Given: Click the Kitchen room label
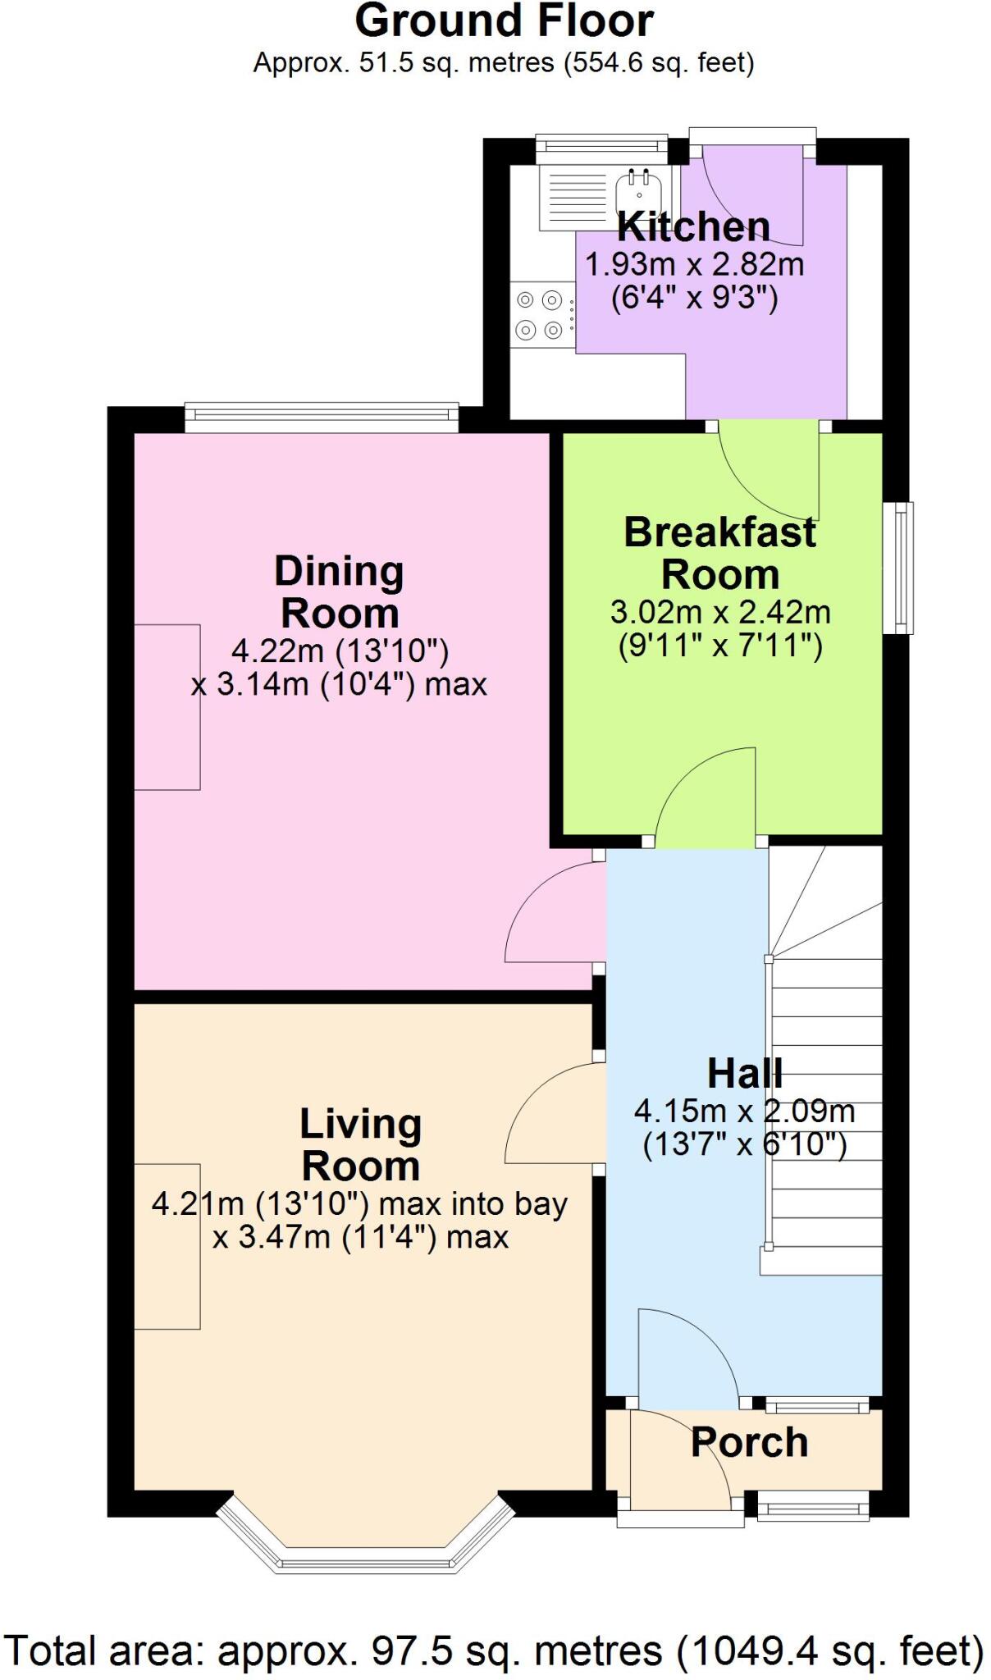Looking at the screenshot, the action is [x=693, y=226].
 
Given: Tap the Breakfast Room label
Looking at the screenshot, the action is [x=720, y=553].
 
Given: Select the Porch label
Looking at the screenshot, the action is [x=749, y=1442].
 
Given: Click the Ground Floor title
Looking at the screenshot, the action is [x=504, y=21].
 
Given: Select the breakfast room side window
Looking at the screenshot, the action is [x=898, y=568].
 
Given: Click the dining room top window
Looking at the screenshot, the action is [x=322, y=417].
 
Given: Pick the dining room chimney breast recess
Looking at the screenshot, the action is [x=167, y=707].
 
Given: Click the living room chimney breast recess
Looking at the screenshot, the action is [x=167, y=1246].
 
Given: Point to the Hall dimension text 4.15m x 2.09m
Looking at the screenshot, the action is [x=744, y=1112].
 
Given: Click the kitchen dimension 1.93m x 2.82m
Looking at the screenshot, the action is [x=694, y=265].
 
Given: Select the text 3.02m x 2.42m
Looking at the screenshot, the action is [x=720, y=612].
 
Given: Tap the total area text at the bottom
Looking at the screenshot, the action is [x=494, y=1650].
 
